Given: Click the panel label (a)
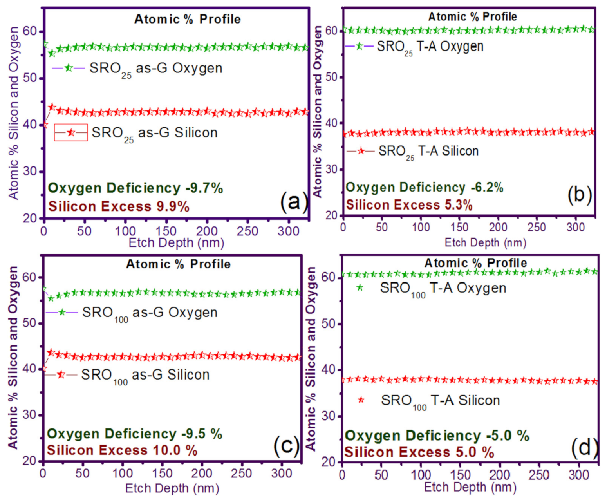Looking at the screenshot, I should tap(294, 202).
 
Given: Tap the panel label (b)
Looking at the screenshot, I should tap(580, 195).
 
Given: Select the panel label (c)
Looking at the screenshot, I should tap(287, 445).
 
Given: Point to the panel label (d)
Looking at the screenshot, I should tap(584, 447).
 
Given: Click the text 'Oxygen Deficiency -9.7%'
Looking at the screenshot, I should tap(135, 188).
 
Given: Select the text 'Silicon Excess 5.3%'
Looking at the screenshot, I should tap(409, 205).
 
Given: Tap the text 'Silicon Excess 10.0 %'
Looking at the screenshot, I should tap(122, 450).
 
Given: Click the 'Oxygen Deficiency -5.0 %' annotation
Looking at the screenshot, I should tap(437, 436).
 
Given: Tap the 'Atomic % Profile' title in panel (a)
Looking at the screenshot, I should tap(187, 19).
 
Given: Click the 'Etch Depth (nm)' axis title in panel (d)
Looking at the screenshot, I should tap(470, 487).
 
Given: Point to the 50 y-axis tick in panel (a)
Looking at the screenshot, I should tap(30, 78).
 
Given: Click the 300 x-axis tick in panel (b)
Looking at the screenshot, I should tap(575, 227).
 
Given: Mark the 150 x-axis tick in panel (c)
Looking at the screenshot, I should tap(162, 473).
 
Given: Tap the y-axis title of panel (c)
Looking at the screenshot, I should tap(13, 357).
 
